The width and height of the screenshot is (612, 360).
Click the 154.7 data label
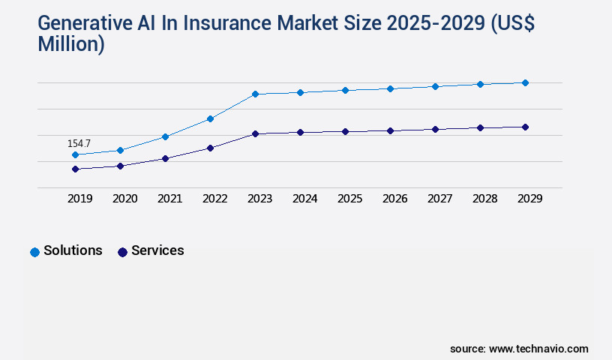(x=79, y=143)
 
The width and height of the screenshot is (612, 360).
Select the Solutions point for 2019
(x=75, y=155)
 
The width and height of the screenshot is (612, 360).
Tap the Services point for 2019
(x=75, y=169)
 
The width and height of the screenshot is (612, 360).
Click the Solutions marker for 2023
(x=255, y=94)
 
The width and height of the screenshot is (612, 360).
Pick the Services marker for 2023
(x=255, y=134)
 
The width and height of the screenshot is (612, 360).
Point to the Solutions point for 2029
(x=525, y=83)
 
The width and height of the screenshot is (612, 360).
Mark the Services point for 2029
(x=525, y=127)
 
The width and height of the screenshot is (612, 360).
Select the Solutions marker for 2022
(x=210, y=119)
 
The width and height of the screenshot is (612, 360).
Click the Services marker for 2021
(x=165, y=159)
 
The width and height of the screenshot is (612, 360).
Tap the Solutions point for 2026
(x=390, y=89)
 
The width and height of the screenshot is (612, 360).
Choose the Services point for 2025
(x=345, y=132)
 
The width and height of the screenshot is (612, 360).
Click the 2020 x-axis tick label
(x=124, y=199)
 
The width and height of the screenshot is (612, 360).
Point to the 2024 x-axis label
(x=304, y=199)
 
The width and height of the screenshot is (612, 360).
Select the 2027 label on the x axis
(x=439, y=199)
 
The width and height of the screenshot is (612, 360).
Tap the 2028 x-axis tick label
(x=484, y=199)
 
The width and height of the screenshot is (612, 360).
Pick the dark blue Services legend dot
(x=122, y=252)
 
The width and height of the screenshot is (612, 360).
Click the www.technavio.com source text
(x=538, y=349)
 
